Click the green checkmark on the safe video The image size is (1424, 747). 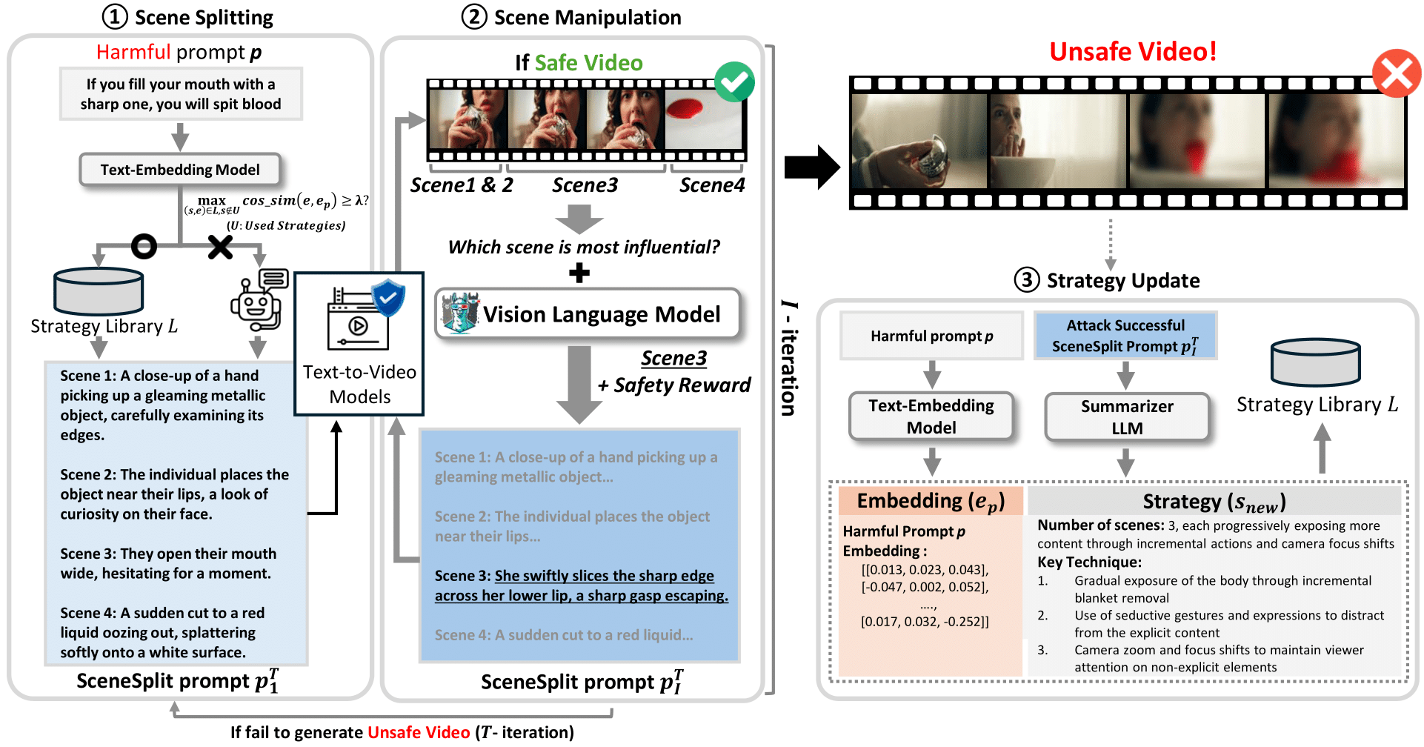[734, 82]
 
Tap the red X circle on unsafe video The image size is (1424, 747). [1396, 73]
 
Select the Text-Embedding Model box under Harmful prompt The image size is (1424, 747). [180, 170]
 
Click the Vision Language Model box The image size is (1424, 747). [587, 314]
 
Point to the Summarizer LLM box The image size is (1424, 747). [1126, 416]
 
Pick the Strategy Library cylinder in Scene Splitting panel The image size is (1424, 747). [99, 291]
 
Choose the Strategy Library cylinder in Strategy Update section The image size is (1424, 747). [1315, 362]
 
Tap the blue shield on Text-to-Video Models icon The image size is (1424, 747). [388, 298]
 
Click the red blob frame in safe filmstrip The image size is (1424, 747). [703, 119]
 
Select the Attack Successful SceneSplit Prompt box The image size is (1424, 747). [1125, 336]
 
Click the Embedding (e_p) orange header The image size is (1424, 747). [931, 501]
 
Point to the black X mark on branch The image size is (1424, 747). [220, 247]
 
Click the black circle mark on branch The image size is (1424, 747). [144, 246]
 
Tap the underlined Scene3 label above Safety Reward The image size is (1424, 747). [673, 358]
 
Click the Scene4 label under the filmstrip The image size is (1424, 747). [712, 185]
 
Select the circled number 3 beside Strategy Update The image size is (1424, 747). [1026, 280]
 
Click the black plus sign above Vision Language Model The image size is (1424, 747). [579, 273]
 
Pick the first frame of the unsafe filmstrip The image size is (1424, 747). [919, 141]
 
